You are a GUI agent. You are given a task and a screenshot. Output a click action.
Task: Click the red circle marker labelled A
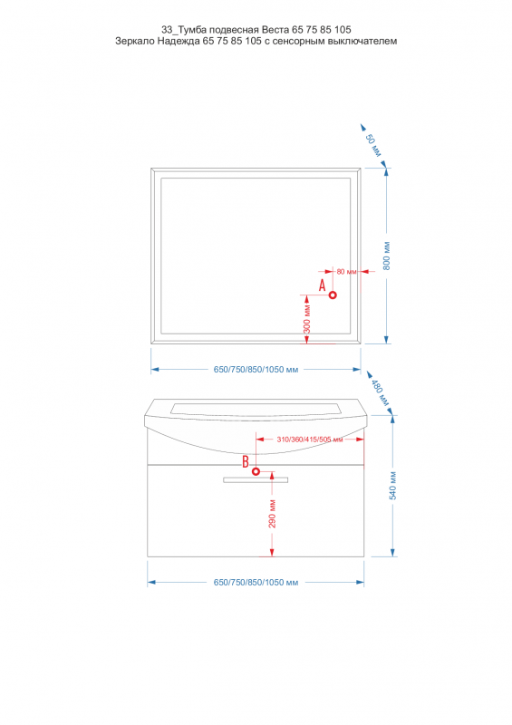(x=333, y=295)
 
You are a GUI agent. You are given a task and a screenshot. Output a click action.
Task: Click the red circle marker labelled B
(x=256, y=471)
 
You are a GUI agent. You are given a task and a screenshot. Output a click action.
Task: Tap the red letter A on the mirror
(x=323, y=285)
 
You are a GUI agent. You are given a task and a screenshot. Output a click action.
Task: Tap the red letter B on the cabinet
(x=246, y=461)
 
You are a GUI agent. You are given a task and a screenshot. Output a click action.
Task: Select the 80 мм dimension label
(x=346, y=271)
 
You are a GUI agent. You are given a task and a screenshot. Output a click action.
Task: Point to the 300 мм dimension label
(x=306, y=319)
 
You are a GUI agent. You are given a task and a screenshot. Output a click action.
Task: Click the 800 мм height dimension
(x=387, y=256)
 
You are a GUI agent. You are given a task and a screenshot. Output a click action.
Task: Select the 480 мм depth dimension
(x=381, y=392)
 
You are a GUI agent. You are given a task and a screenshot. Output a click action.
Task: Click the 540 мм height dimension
(x=393, y=486)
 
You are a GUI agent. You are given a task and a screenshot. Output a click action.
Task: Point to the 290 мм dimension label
(x=272, y=514)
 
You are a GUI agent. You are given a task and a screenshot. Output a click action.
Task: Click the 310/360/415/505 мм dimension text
(x=310, y=440)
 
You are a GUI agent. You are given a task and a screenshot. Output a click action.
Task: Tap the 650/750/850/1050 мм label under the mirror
(x=256, y=370)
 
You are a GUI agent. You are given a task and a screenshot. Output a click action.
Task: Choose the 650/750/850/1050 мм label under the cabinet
(x=256, y=583)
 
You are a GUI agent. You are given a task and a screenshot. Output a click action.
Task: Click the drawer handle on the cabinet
(x=256, y=480)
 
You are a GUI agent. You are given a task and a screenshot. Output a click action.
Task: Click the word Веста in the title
(x=275, y=30)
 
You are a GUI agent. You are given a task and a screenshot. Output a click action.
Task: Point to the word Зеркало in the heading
(x=134, y=41)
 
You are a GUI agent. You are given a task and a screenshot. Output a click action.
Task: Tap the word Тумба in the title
(x=192, y=30)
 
